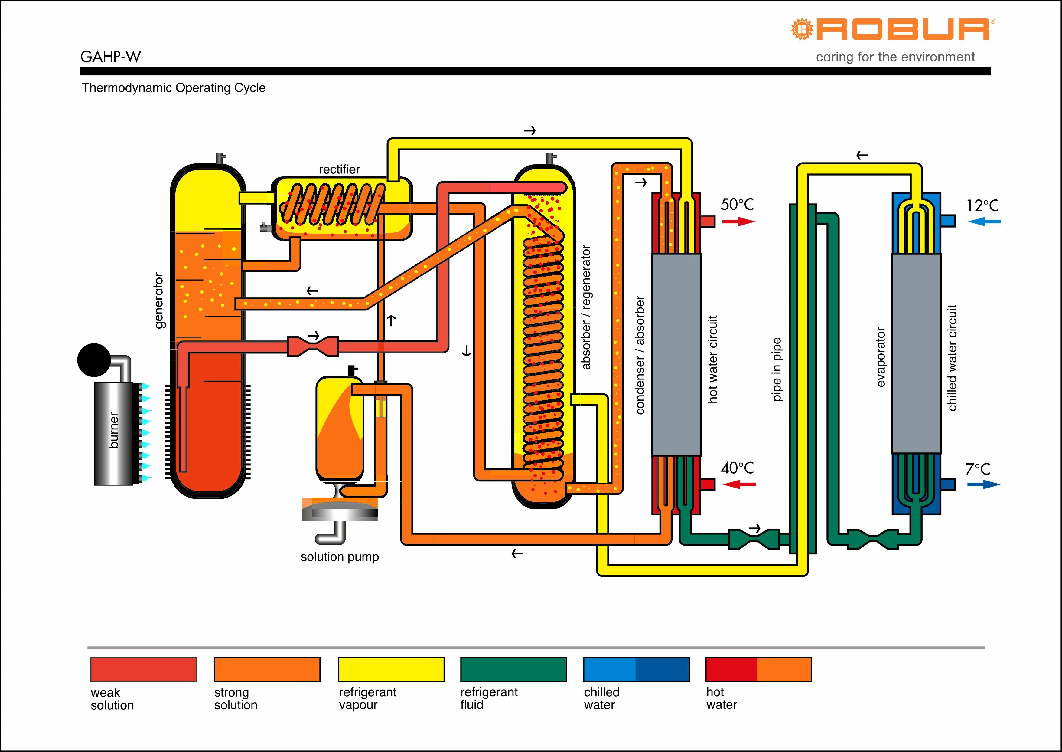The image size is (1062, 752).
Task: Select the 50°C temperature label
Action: (x=737, y=204)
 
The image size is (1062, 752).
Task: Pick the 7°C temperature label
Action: (x=978, y=469)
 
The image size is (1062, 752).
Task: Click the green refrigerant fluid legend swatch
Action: (x=513, y=669)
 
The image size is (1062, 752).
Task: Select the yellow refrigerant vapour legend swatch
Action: (x=391, y=669)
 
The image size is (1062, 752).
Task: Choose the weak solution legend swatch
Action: (x=143, y=669)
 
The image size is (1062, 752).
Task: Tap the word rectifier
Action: (x=339, y=169)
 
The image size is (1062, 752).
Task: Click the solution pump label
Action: (x=340, y=557)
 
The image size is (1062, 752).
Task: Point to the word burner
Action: (x=114, y=431)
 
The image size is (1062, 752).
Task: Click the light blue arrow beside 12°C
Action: (x=984, y=222)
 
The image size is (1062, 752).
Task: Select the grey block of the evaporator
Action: (x=916, y=353)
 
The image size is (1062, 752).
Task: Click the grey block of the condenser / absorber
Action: (x=676, y=354)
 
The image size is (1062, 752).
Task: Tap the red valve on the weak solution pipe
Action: (x=313, y=346)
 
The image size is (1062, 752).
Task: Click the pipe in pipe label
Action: (x=777, y=369)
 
